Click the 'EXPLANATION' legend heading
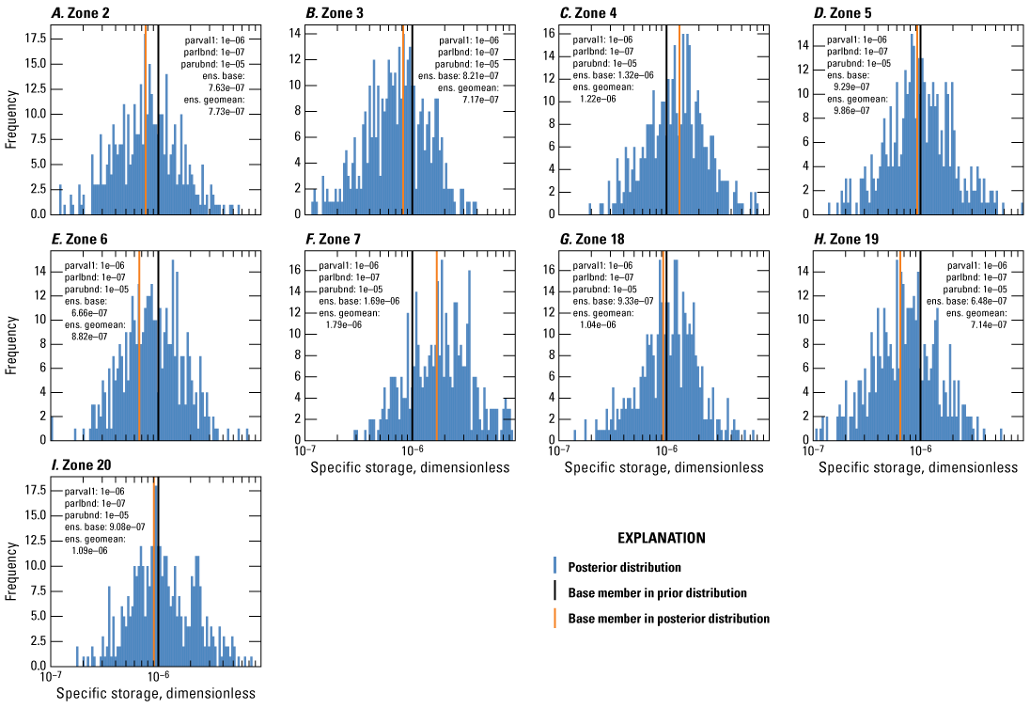click(661, 539)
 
